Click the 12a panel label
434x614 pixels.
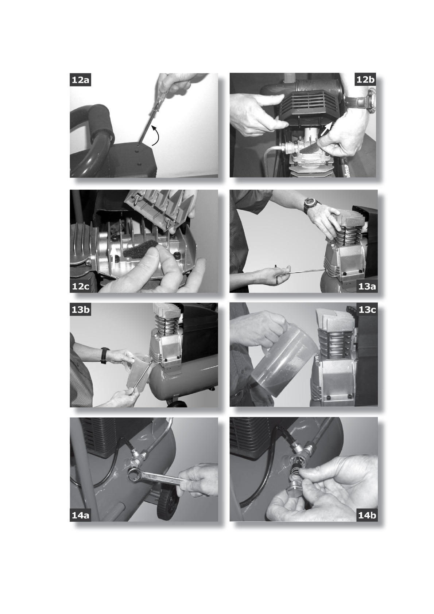(x=80, y=80)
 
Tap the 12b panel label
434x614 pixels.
(x=366, y=79)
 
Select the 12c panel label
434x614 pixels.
(x=80, y=286)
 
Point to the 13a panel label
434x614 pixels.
(x=367, y=286)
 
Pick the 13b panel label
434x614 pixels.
(x=80, y=310)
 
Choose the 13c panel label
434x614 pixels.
(x=367, y=310)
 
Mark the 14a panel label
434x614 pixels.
(x=80, y=515)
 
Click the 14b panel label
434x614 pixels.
(x=367, y=515)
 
